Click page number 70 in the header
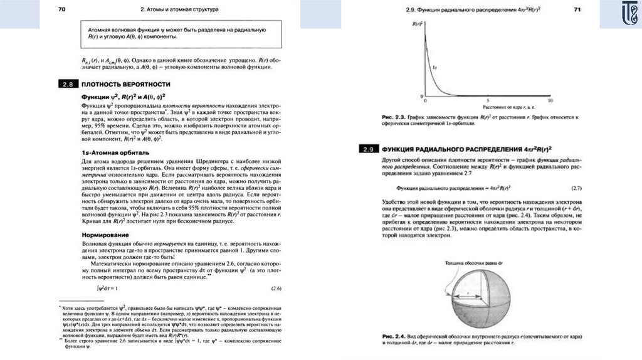click(61, 9)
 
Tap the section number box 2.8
click(66, 83)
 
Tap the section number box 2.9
click(367, 149)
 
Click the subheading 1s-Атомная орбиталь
click(115, 152)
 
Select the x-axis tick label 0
click(426, 100)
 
